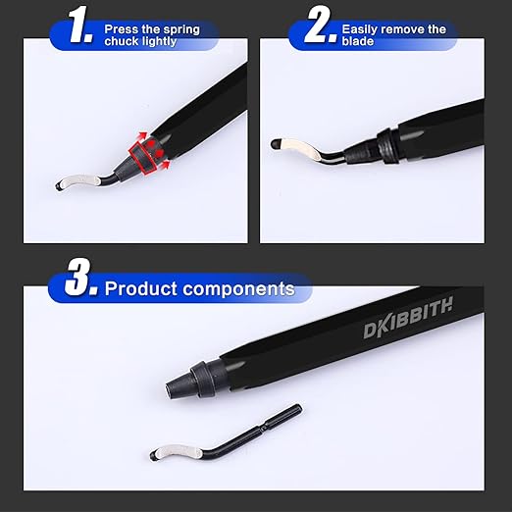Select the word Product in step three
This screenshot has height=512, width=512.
[x=139, y=288]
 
